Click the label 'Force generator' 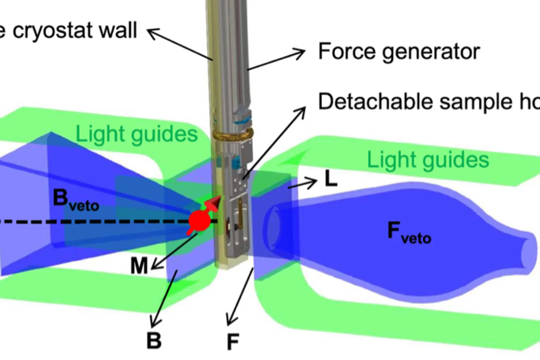[399, 52]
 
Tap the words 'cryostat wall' [74, 30]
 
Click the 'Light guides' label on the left [136, 134]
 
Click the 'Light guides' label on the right [428, 160]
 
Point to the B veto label [75, 200]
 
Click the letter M [139, 266]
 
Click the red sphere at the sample [199, 220]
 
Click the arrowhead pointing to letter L [312, 182]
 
